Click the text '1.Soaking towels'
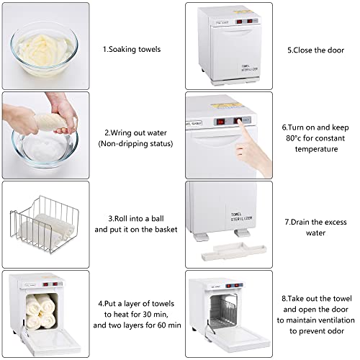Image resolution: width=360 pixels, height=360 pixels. coord(132,50)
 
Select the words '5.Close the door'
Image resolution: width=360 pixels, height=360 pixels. coord(315,50)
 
